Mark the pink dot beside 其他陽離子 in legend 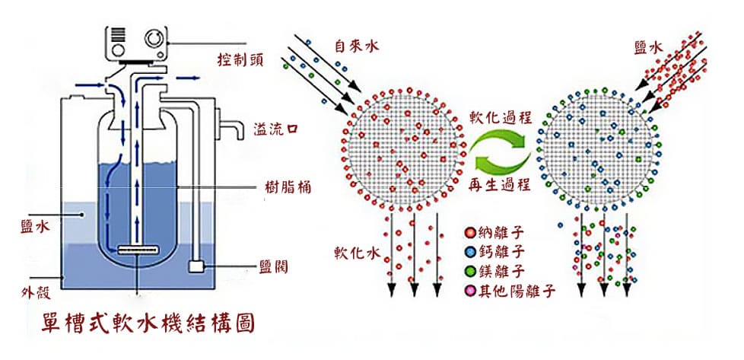pyautogui.click(x=469, y=291)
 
